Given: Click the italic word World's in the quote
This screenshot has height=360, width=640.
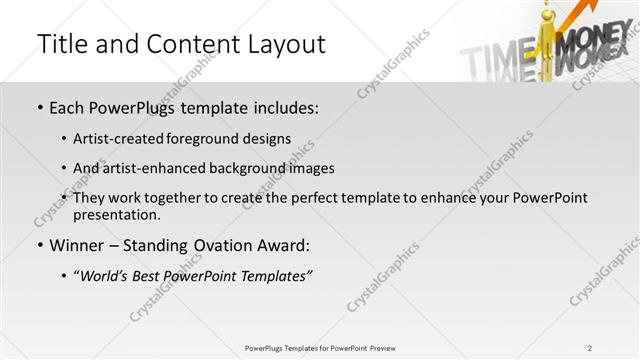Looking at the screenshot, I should pyautogui.click(x=106, y=276).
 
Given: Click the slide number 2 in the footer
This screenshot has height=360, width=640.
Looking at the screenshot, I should pyautogui.click(x=590, y=347).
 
